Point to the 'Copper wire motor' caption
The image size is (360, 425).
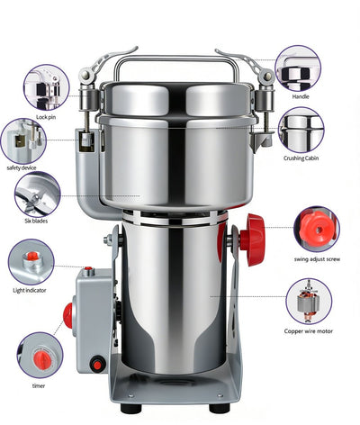(x=307, y=331)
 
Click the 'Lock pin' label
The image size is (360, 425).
(x=47, y=118)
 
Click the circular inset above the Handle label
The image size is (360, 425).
(x=299, y=68)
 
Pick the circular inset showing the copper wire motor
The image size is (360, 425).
(x=308, y=301)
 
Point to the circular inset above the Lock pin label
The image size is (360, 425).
(x=47, y=86)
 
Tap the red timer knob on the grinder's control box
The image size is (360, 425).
(x=67, y=315)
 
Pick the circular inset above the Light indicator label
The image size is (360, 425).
(x=31, y=262)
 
